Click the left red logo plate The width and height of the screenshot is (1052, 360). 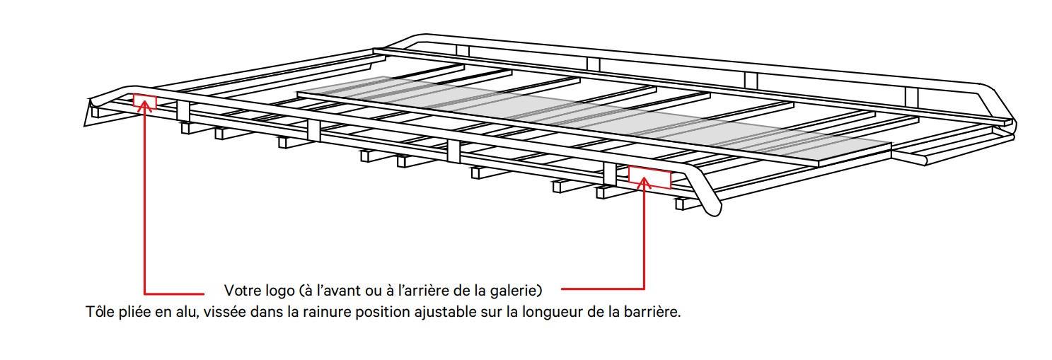(144, 101)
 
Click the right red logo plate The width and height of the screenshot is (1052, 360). (649, 177)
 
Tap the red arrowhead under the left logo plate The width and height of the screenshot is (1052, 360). (145, 112)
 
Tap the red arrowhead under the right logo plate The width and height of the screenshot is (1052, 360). (645, 182)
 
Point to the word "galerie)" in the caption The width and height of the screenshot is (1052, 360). (519, 290)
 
